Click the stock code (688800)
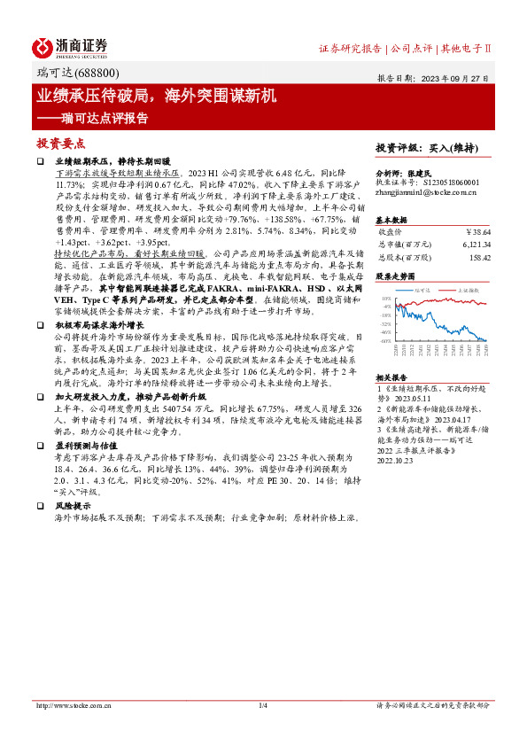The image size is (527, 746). click(100, 73)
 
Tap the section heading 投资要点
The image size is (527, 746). click(61, 142)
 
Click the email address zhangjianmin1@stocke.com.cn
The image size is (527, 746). click(428, 190)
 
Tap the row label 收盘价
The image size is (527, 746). click(392, 230)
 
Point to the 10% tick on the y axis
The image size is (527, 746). click(386, 299)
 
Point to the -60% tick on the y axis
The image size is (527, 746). click(385, 340)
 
